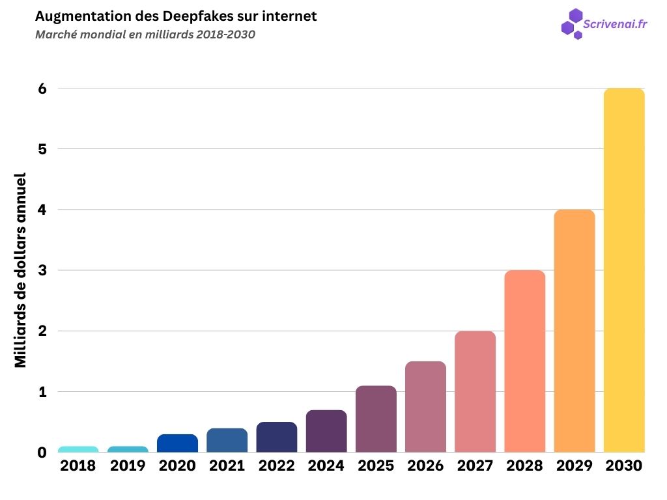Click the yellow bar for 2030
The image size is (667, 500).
[624, 270]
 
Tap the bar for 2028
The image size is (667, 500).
[525, 361]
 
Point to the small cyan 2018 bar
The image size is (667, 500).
[78, 449]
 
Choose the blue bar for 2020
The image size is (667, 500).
[177, 443]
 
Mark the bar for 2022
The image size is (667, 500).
[277, 437]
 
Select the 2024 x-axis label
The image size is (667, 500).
[326, 466]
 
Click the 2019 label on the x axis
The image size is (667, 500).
[128, 466]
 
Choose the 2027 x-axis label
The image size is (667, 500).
[475, 466]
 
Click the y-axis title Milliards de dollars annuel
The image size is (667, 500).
[21, 270]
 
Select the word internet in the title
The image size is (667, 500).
[290, 16]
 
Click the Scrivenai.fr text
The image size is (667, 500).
[615, 24]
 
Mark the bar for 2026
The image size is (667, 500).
[425, 407]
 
